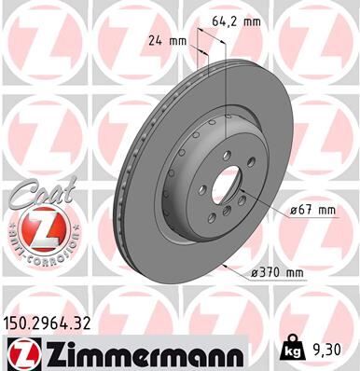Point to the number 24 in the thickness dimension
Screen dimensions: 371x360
tap(154, 41)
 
